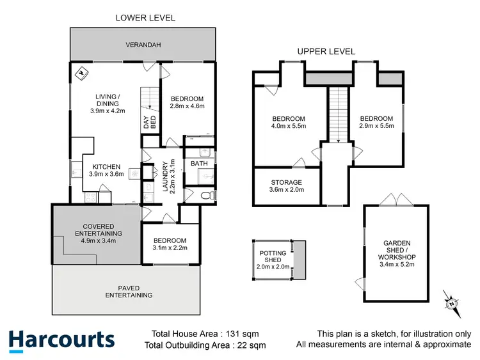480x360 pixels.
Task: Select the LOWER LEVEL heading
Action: pos(145,18)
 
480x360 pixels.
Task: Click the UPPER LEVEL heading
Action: pos(326,51)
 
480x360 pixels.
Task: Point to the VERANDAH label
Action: pos(143,45)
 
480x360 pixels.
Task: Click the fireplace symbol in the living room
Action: pos(81,73)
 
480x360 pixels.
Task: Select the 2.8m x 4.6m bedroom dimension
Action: pos(187,107)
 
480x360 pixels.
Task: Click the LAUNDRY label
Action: pos(164,176)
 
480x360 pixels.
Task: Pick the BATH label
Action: pos(199,164)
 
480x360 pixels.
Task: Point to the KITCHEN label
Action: pos(105,167)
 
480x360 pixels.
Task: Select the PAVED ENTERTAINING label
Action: pos(129,292)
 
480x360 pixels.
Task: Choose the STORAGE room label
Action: pos(285,182)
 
